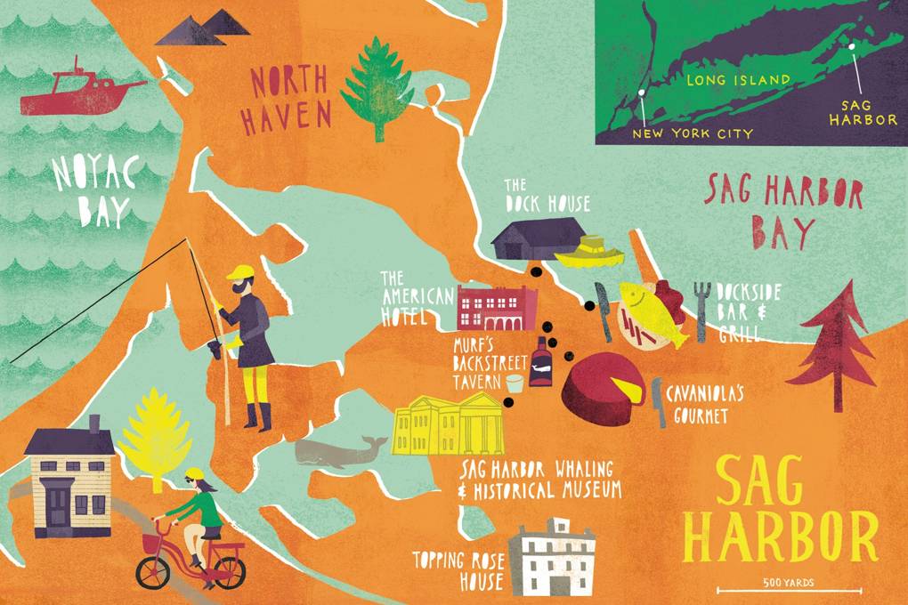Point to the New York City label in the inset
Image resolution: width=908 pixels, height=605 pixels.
coord(692,133)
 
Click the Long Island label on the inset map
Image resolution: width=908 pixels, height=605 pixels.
coord(738,80)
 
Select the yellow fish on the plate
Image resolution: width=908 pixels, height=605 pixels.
coord(653,312)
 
